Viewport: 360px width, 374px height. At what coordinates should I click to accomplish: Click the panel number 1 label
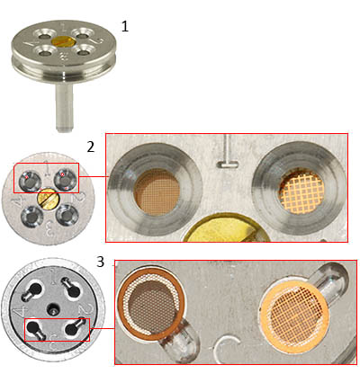[124, 26]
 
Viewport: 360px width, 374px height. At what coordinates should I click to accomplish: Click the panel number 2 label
[90, 147]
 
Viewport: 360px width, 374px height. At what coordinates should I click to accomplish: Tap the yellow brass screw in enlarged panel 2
[221, 229]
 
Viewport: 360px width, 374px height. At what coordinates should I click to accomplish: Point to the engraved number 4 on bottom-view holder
[17, 311]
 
